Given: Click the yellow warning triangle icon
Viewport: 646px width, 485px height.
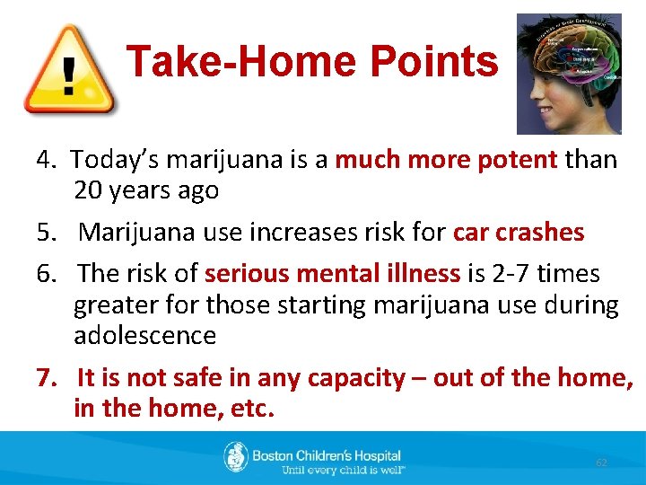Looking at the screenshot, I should coord(68,69).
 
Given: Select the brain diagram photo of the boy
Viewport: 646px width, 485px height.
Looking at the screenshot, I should coord(569,73).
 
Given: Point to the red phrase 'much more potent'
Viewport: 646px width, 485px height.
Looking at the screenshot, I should coord(446,160).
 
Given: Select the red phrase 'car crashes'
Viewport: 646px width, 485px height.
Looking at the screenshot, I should coord(519,232).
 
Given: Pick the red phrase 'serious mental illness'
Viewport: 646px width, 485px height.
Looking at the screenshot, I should coord(333,273).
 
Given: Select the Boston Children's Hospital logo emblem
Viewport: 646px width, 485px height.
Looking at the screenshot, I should coord(235,457).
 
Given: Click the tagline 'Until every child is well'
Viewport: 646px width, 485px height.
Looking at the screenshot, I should coord(343,470).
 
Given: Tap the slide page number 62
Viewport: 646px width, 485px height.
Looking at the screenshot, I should coord(602,462).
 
